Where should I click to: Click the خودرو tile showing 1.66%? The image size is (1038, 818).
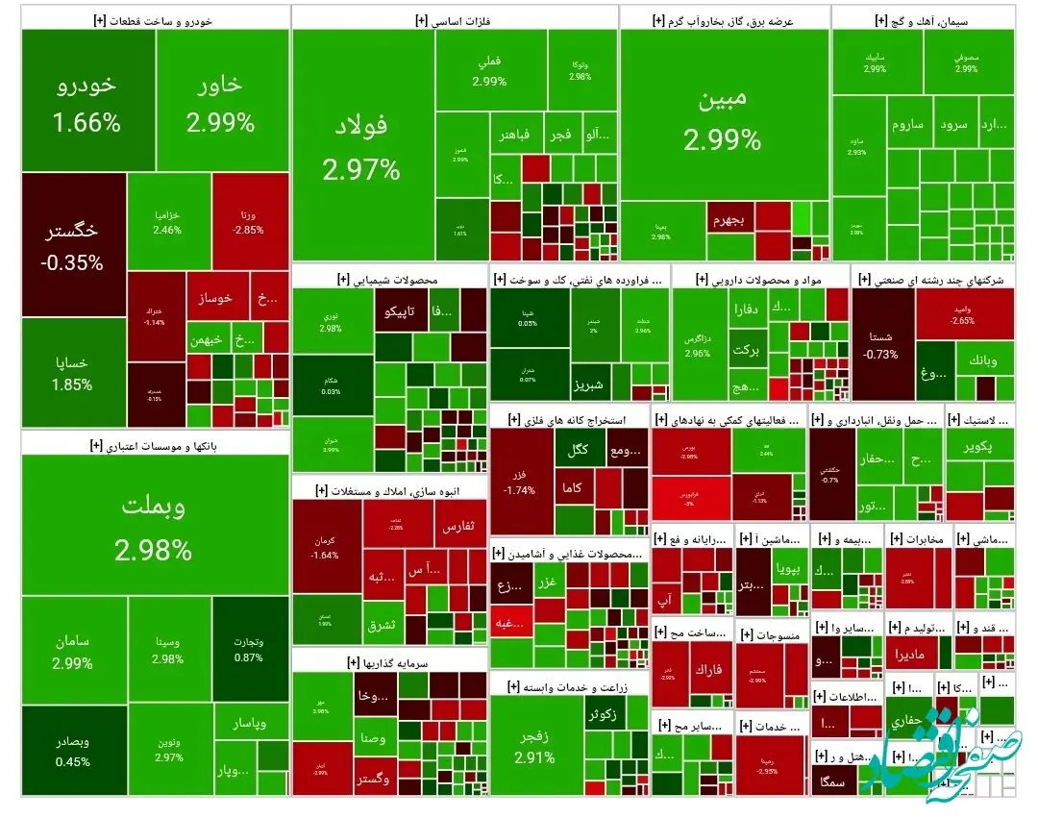click(x=88, y=100)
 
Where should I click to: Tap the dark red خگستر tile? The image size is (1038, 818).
click(x=73, y=244)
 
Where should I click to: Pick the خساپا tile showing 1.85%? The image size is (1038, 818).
click(x=73, y=373)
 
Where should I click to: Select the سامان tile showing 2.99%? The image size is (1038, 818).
click(x=73, y=650)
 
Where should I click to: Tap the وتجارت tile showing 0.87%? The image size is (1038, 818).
click(x=249, y=650)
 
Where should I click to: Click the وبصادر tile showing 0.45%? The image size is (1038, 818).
click(x=73, y=751)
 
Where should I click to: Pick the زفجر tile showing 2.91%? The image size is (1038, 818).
click(x=535, y=746)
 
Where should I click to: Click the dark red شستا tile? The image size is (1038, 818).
click(x=882, y=346)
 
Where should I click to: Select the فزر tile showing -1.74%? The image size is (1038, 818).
click(x=521, y=483)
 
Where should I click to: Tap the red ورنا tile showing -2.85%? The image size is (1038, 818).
click(x=248, y=219)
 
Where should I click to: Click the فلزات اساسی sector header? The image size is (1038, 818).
click(x=455, y=18)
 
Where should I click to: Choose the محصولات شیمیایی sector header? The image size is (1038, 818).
click(x=389, y=279)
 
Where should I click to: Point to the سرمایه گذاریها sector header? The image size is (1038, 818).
click(x=389, y=662)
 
